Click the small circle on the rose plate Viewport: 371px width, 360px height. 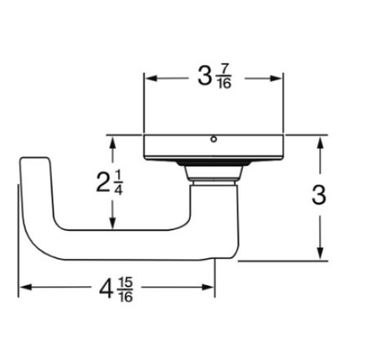214,140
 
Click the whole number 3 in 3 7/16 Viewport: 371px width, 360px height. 204,76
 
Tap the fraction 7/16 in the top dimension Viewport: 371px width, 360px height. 224,76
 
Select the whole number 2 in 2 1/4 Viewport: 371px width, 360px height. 102,183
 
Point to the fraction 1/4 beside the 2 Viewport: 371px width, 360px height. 119,183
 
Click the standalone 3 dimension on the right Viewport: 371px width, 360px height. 319,195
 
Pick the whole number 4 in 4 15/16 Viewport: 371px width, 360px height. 106,290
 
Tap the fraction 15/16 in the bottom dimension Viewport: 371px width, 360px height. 126,289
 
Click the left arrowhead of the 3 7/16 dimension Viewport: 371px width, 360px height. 151,79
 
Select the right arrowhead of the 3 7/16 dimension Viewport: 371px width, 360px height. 276,79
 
